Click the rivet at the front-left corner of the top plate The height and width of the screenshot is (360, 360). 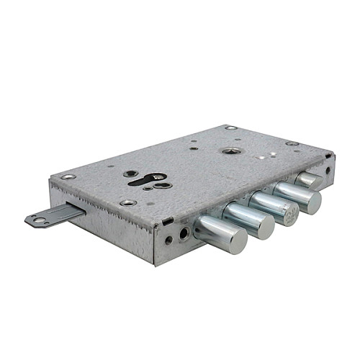click(x=68, y=176)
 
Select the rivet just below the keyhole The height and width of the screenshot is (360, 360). click(x=128, y=202)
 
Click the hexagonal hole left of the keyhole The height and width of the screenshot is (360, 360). click(x=129, y=174)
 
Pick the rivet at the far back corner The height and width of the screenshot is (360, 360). click(x=230, y=128)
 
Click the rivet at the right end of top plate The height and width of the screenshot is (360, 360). click(x=292, y=143)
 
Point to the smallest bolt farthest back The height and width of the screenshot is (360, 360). click(x=312, y=180)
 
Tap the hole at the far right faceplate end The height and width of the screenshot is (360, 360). click(x=328, y=171)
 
